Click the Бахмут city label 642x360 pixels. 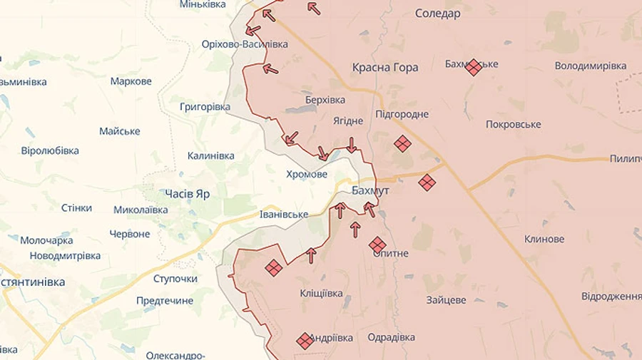point(371,191)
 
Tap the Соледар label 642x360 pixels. point(437,14)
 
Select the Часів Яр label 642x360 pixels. point(187,193)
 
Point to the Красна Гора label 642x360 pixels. point(385,68)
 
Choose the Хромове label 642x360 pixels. point(307,174)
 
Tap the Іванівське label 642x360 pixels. point(284,214)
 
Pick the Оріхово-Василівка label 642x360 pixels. point(245,44)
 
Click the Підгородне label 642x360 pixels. point(402,114)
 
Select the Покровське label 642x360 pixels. point(513,124)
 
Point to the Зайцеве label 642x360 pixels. point(447,300)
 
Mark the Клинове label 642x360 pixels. point(544,239)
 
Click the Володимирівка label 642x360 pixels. point(591,66)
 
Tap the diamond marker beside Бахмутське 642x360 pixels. point(473,67)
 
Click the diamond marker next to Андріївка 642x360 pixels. point(305,341)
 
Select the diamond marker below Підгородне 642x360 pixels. point(402,143)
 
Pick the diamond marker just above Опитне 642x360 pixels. point(377,245)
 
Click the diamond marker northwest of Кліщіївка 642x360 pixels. point(273,267)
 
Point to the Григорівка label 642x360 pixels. point(205,106)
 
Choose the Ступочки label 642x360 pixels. point(175,278)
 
